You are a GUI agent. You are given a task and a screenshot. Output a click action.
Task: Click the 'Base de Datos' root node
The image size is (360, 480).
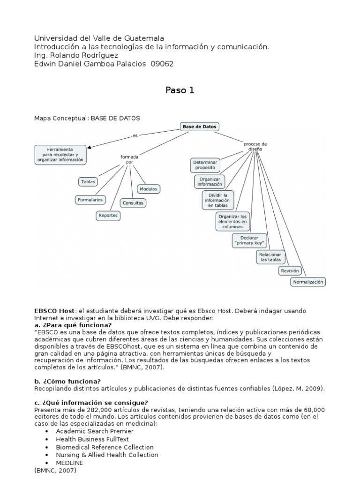(x=200, y=127)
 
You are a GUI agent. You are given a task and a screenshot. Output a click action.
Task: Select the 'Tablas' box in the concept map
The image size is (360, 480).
(x=88, y=181)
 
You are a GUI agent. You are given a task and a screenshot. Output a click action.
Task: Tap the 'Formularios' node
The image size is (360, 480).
(x=90, y=200)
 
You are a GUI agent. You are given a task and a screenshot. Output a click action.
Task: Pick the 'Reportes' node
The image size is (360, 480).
(x=108, y=216)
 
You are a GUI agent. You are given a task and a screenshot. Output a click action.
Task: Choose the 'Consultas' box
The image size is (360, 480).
(x=133, y=203)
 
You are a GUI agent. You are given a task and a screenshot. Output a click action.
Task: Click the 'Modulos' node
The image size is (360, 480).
(x=148, y=189)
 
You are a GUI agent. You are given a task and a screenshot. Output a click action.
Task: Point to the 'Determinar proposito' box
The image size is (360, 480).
(x=205, y=165)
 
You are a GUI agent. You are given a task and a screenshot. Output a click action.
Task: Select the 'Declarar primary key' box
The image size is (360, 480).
(x=249, y=240)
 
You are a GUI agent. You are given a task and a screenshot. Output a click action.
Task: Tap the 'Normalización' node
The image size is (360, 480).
(x=308, y=282)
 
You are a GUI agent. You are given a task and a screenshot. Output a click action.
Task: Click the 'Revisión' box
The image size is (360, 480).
(x=289, y=271)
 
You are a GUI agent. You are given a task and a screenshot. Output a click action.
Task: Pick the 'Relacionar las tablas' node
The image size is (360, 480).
(x=270, y=257)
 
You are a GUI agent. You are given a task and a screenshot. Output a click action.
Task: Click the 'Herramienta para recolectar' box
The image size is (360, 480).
(x=60, y=154)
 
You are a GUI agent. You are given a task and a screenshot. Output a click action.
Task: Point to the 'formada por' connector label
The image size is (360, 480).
(x=129, y=159)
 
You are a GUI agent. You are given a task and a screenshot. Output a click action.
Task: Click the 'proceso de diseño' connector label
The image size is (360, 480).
(x=255, y=146)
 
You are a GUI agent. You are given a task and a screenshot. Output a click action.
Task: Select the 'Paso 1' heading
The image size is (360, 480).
(x=180, y=90)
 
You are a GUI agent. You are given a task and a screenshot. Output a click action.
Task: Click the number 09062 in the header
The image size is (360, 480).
(x=162, y=64)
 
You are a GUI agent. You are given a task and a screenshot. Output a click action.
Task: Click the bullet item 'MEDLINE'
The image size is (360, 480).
(x=69, y=463)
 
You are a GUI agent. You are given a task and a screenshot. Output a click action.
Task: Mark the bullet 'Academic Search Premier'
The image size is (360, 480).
(x=95, y=431)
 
